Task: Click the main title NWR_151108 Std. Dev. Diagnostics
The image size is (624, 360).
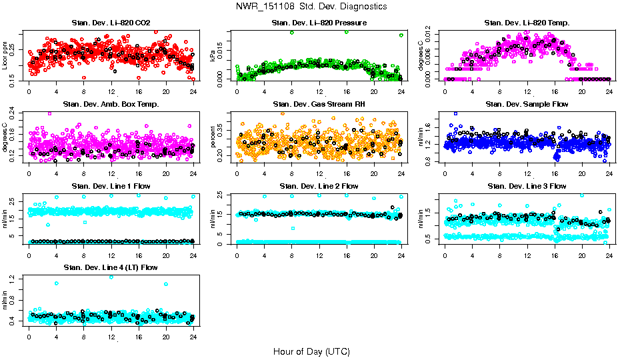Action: tap(311, 7)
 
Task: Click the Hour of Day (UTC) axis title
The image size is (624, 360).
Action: tap(311, 351)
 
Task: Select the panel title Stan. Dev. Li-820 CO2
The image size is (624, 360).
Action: tap(111, 23)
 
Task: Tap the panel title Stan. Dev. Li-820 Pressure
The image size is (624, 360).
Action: tap(319, 23)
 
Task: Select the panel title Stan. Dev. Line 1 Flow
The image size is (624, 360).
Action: tap(111, 186)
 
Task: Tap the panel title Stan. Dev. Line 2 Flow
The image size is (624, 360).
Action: tap(319, 186)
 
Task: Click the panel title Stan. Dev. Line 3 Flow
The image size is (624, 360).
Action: tap(527, 186)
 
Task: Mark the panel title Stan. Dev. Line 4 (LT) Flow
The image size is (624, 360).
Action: tap(111, 267)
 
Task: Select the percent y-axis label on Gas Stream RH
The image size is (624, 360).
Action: tap(213, 137)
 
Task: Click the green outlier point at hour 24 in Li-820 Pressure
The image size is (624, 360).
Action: tap(401, 35)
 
